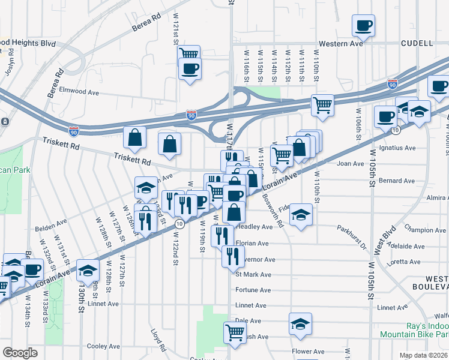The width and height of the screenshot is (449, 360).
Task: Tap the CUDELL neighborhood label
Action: (x=418, y=44)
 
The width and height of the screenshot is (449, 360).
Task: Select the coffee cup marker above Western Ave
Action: (x=363, y=25)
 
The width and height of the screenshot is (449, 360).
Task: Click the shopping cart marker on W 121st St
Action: (x=189, y=54)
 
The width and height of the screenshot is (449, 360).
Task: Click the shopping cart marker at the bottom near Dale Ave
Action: (x=235, y=332)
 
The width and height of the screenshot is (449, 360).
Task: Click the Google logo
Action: (x=20, y=353)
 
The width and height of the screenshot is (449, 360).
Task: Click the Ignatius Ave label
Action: (x=402, y=148)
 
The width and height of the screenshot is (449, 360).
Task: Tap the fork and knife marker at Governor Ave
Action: (x=232, y=256)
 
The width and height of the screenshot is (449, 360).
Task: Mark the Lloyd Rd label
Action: (x=158, y=339)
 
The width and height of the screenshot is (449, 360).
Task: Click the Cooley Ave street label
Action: (x=103, y=346)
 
